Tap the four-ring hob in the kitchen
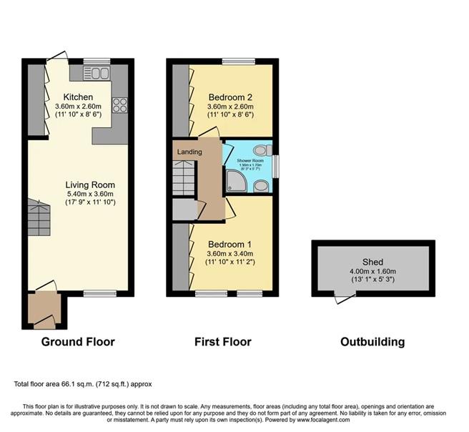tap(119, 104)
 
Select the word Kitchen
tap(77, 97)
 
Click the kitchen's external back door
tap(57, 58)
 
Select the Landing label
tap(190, 152)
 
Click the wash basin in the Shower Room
tap(262, 186)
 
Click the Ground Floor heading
tap(78, 342)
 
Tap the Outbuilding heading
tap(372, 342)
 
